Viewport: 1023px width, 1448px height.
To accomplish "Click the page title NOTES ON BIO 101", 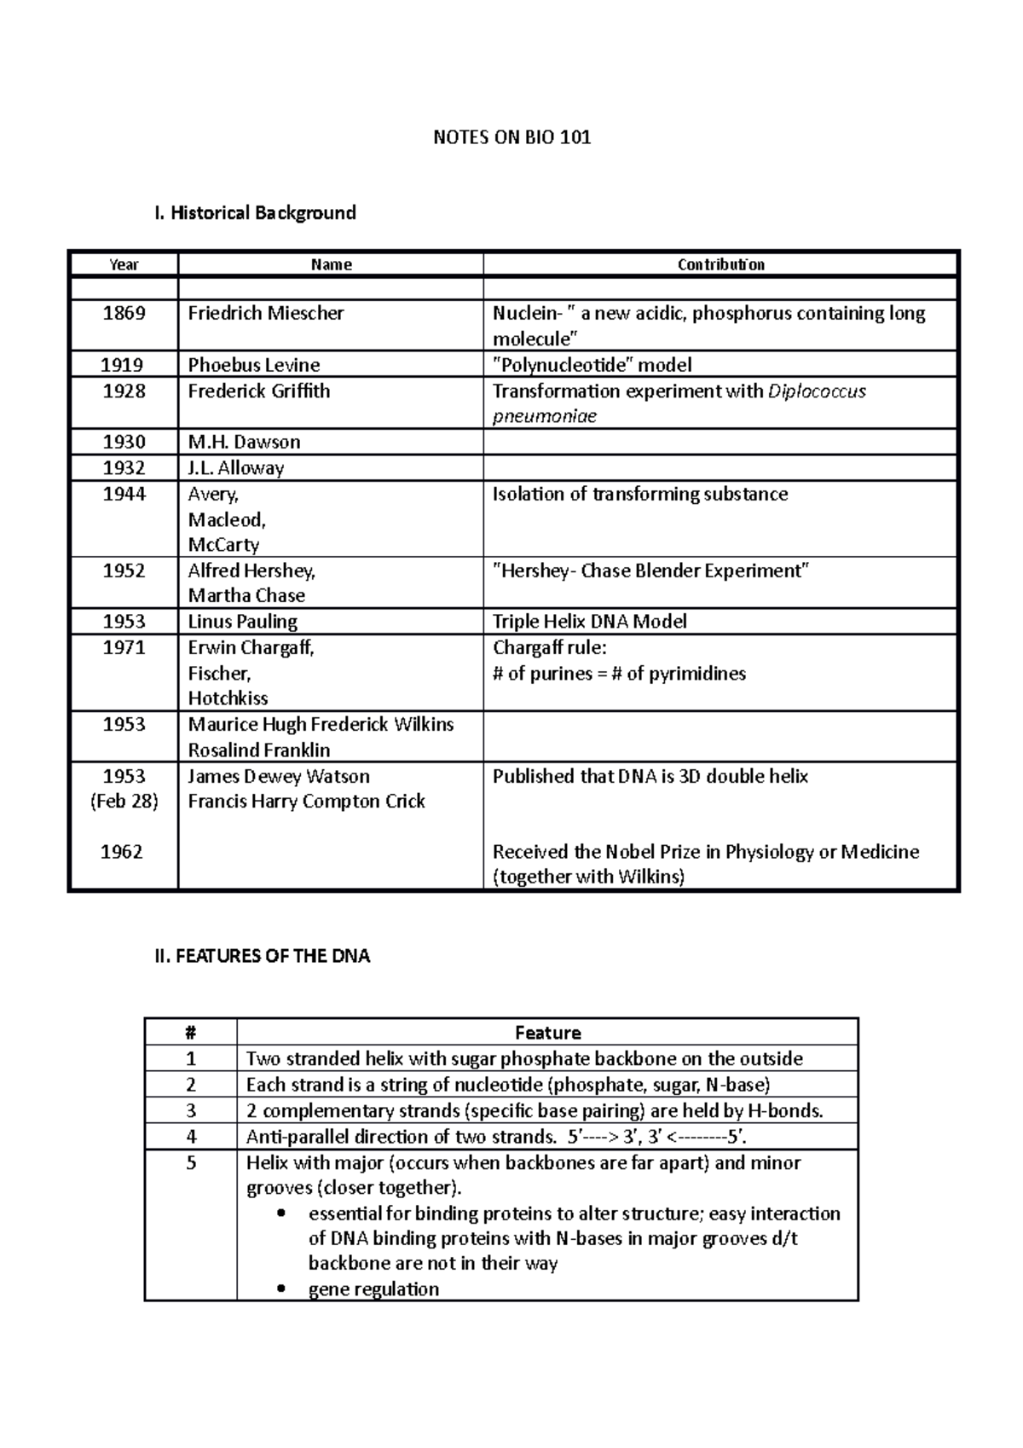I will [511, 137].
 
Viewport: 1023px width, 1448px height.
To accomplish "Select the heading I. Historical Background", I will [254, 212].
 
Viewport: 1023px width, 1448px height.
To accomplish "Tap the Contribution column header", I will [720, 264].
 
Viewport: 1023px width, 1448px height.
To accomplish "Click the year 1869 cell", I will [124, 313].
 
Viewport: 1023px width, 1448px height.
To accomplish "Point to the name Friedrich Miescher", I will [265, 313].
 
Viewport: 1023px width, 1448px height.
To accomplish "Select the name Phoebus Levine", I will [253, 365].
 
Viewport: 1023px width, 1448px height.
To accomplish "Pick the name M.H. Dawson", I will [244, 442].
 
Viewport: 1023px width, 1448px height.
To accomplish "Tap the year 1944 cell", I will [124, 494].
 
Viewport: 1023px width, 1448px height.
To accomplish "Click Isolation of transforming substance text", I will [639, 494].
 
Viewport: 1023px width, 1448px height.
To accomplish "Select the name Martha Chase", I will [246, 595].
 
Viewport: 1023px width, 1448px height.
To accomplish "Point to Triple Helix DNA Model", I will [589, 621].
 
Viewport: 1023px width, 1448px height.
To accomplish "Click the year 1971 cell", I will [124, 647].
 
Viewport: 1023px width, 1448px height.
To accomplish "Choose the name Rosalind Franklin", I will [258, 750].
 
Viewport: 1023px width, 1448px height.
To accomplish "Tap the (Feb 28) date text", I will [124, 801].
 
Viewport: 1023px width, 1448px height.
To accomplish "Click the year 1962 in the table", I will [122, 851].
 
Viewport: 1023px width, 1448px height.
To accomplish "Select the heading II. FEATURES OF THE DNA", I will [262, 956].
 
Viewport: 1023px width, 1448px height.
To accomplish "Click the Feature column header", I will [547, 1033].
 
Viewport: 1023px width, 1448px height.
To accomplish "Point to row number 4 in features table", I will [191, 1137].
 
